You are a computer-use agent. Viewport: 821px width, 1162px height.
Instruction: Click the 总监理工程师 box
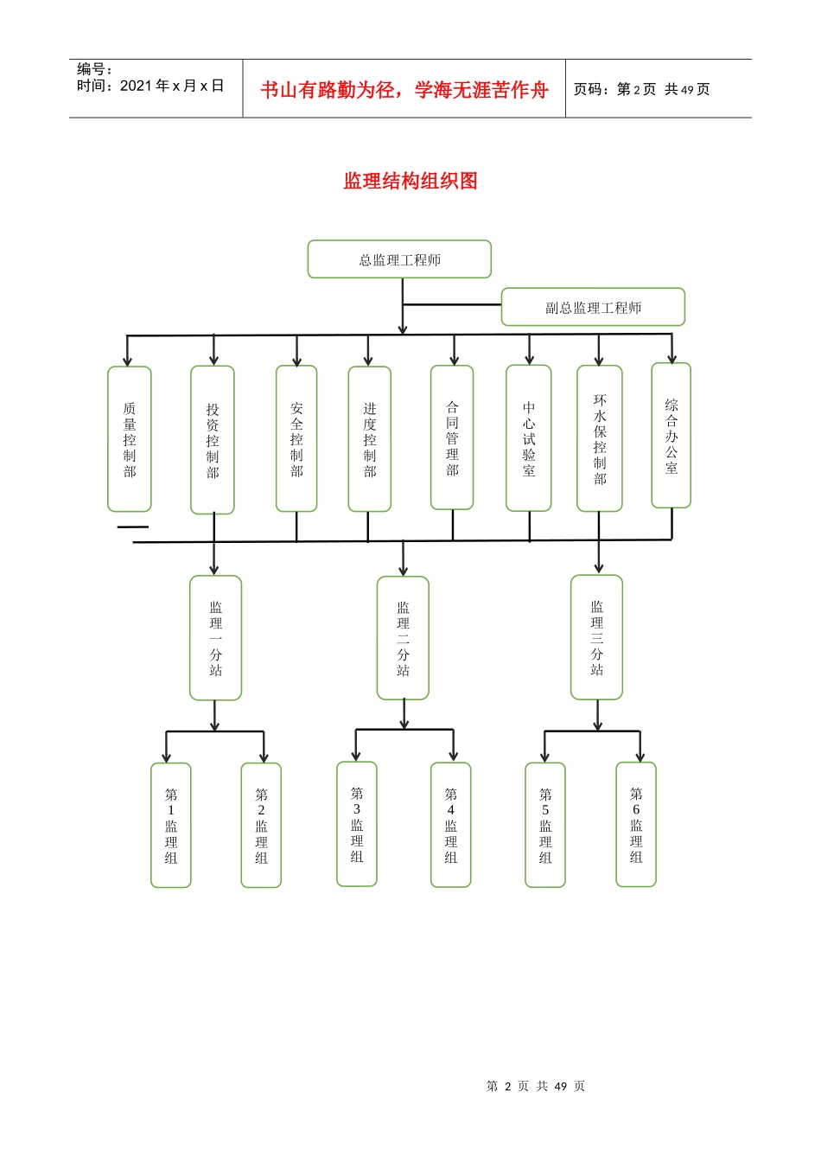(x=399, y=259)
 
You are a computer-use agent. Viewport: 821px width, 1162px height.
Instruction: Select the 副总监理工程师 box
(x=593, y=307)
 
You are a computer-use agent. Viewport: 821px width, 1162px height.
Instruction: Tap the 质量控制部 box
(x=130, y=439)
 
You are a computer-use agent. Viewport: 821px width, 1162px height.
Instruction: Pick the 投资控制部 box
(x=213, y=440)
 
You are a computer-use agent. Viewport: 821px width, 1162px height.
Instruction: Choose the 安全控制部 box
(x=296, y=438)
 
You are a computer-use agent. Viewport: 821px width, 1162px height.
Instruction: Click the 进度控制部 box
(x=370, y=439)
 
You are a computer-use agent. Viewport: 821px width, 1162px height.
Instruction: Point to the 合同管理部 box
(x=452, y=437)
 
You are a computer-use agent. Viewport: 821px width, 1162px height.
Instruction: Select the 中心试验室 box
(x=529, y=438)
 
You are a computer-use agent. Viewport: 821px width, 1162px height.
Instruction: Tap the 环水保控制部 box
(x=600, y=438)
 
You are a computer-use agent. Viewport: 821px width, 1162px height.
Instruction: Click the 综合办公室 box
(x=671, y=436)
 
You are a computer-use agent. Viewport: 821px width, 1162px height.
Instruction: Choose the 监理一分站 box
(x=216, y=638)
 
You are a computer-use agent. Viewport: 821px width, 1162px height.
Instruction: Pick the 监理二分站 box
(x=403, y=638)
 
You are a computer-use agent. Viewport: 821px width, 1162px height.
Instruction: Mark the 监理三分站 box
(x=597, y=637)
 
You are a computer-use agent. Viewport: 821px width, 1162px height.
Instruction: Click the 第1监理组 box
(x=171, y=825)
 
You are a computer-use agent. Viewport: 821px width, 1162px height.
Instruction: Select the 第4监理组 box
(x=451, y=825)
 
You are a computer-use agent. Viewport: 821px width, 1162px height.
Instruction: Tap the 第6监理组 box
(x=636, y=825)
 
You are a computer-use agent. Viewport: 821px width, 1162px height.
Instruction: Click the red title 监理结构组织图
(x=410, y=181)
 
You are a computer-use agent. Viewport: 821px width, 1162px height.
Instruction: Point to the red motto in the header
(x=404, y=90)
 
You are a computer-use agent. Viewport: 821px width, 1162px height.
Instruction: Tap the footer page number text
(x=536, y=1086)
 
